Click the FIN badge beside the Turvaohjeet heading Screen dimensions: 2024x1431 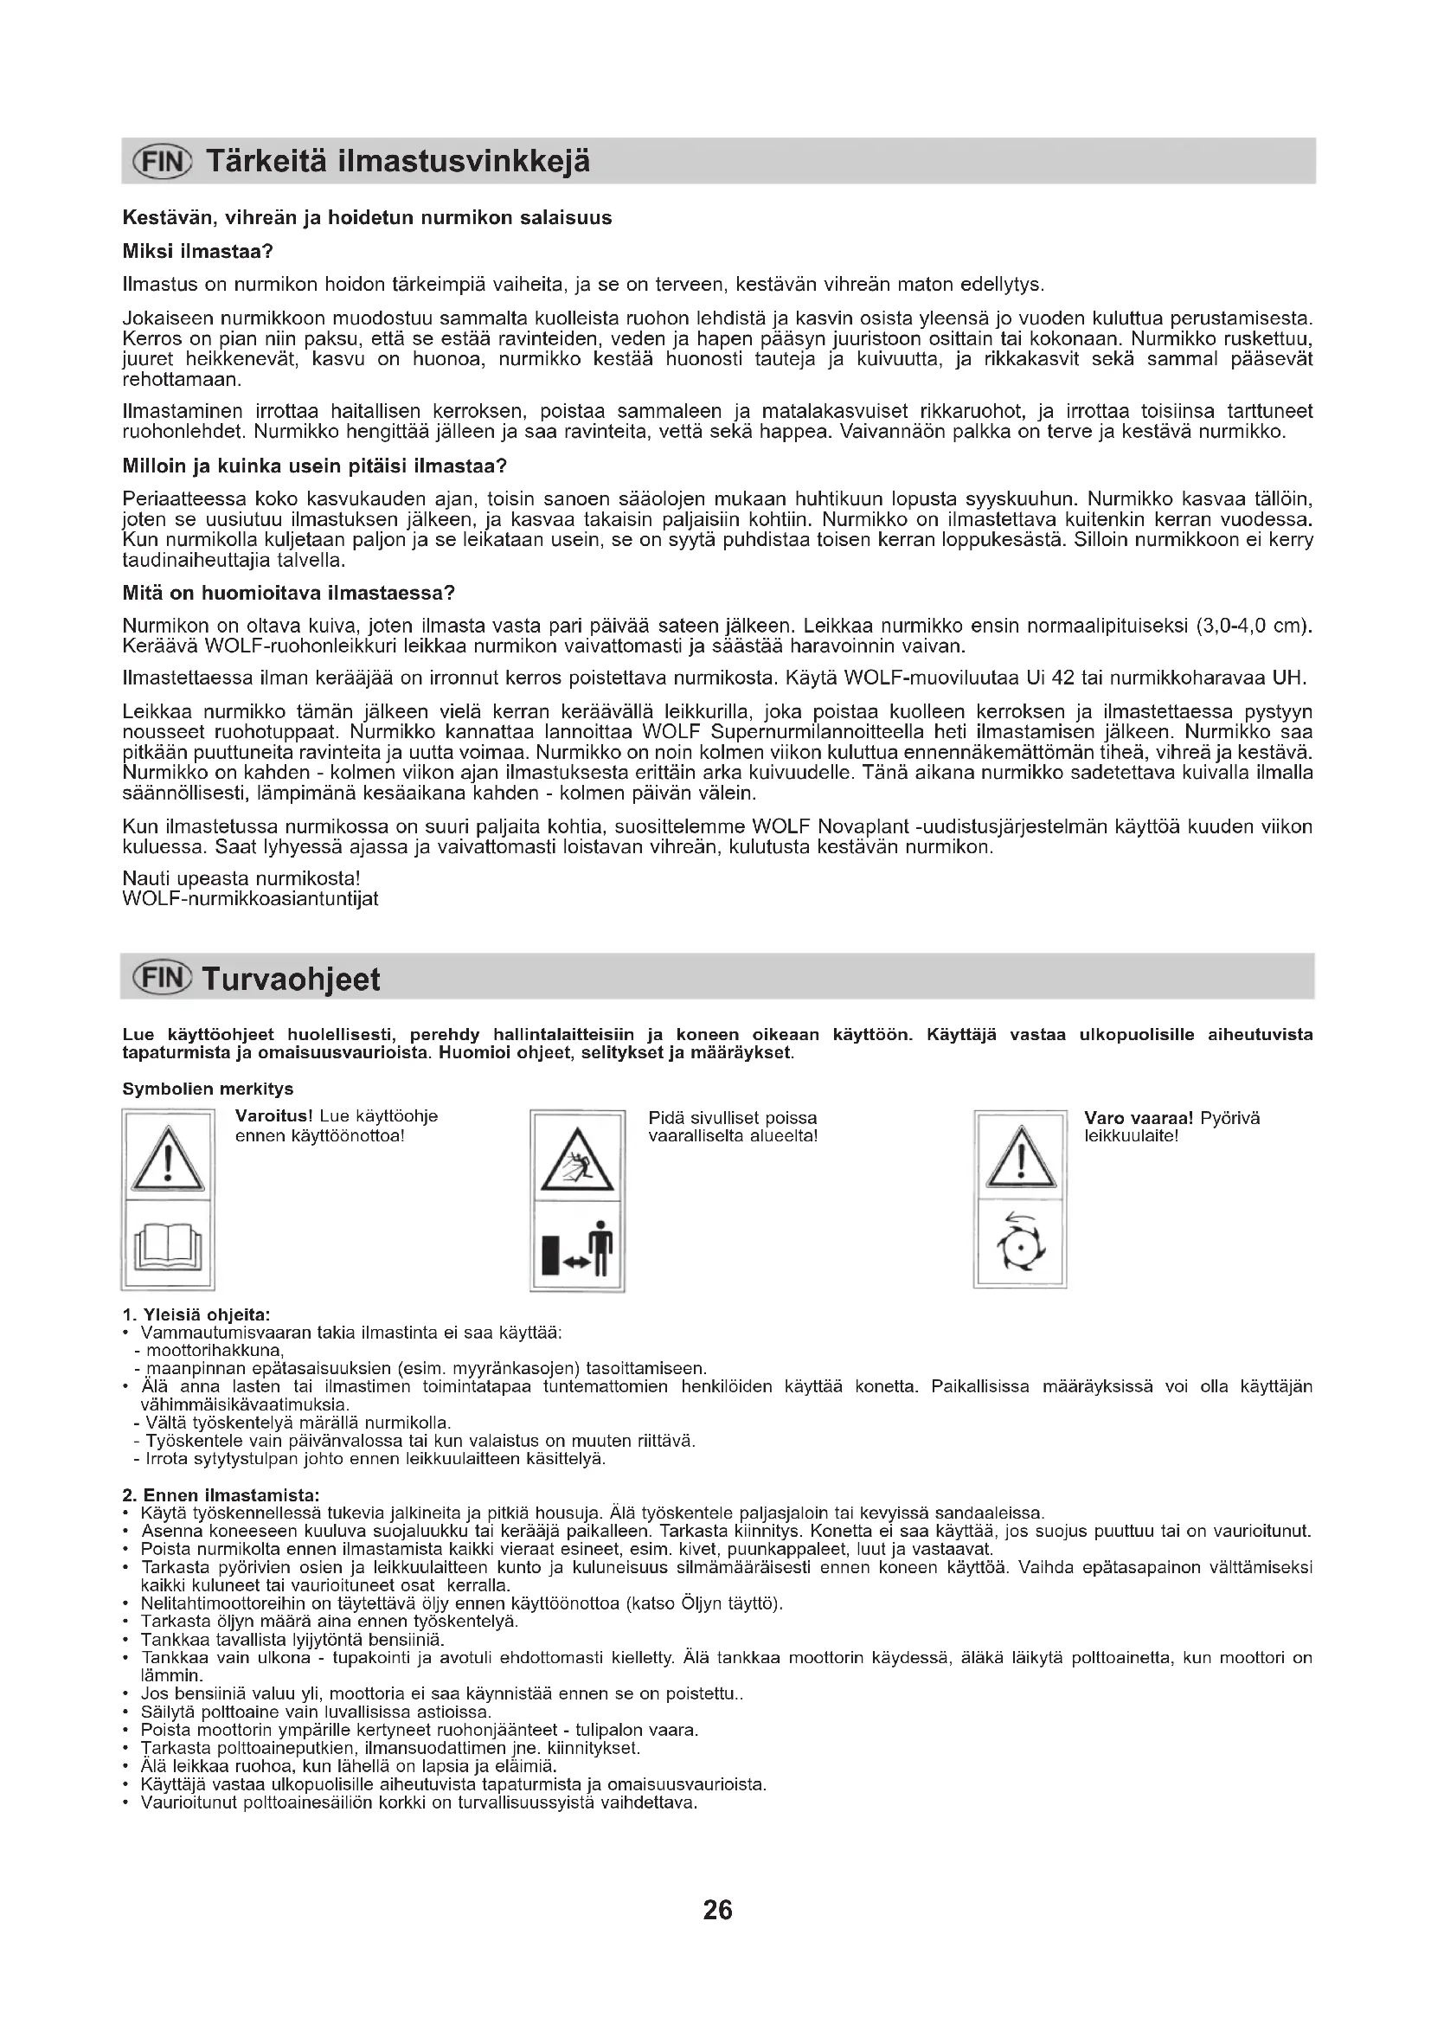pyautogui.click(x=160, y=979)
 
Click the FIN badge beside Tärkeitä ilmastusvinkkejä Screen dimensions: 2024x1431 pyautogui.click(x=161, y=161)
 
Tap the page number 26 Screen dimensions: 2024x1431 pyautogui.click(x=717, y=1910)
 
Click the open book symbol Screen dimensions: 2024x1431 pyautogui.click(x=168, y=1245)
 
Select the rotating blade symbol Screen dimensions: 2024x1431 pyautogui.click(x=1019, y=1243)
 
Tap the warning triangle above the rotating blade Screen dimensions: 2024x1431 pyautogui.click(x=1020, y=1158)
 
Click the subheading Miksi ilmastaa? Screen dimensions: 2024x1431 pyautogui.click(x=198, y=251)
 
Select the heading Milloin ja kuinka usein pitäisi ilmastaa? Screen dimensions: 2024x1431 pyautogui.click(x=315, y=466)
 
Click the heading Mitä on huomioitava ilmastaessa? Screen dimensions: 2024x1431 pyautogui.click(x=288, y=593)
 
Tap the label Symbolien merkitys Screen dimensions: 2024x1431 pyautogui.click(x=208, y=1089)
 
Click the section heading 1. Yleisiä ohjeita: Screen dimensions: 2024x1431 pyautogui.click(x=196, y=1314)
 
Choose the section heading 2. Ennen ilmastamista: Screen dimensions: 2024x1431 pyautogui.click(x=221, y=1495)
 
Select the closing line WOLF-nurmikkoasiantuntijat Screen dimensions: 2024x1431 pyautogui.click(x=250, y=899)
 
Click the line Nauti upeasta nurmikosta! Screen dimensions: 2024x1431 pyautogui.click(x=241, y=879)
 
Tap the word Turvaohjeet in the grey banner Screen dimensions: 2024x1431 pyautogui.click(x=292, y=979)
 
